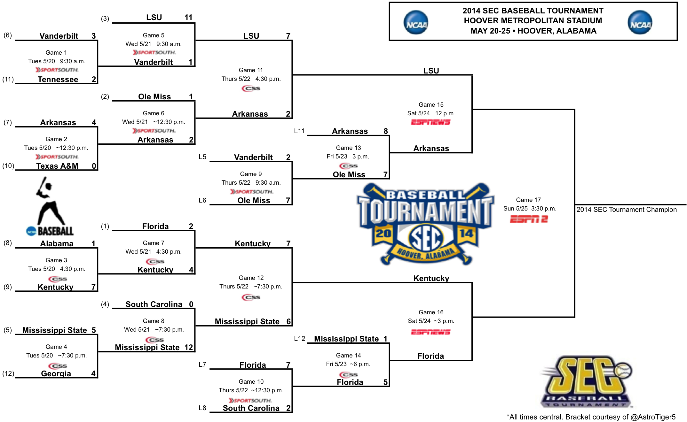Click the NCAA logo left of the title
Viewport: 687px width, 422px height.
pyautogui.click(x=416, y=22)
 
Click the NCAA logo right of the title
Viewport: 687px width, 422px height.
pyautogui.click(x=640, y=22)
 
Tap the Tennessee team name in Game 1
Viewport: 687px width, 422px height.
pyautogui.click(x=58, y=80)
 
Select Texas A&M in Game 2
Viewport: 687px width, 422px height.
pyautogui.click(x=57, y=166)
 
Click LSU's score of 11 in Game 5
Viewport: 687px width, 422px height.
pyautogui.click(x=188, y=18)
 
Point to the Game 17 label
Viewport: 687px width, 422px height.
pyautogui.click(x=528, y=200)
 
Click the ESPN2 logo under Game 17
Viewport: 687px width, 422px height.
pyautogui.click(x=529, y=219)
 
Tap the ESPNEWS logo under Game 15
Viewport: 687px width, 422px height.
pyautogui.click(x=430, y=122)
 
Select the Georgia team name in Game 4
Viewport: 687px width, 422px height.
pyautogui.click(x=56, y=374)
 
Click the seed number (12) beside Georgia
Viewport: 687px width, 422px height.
pyautogui.click(x=8, y=373)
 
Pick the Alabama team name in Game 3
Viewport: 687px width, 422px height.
pyautogui.click(x=57, y=244)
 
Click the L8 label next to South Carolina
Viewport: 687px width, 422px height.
pyautogui.click(x=202, y=408)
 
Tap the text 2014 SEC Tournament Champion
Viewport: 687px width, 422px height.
pyautogui.click(x=627, y=210)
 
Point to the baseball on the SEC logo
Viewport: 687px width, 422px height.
pyautogui.click(x=623, y=371)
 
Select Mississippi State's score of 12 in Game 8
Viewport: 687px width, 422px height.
pyautogui.click(x=189, y=348)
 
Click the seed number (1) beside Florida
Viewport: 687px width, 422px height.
pyautogui.click(x=105, y=226)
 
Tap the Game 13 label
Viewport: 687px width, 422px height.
pyautogui.click(x=348, y=148)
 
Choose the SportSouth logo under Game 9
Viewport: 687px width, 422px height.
pyautogui.click(x=252, y=192)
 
